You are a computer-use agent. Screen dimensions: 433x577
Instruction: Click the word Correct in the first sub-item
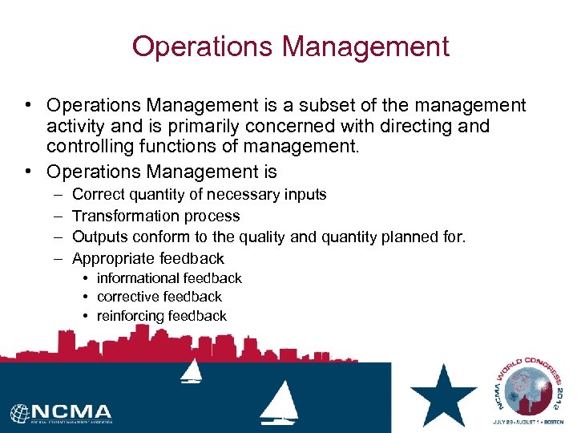click(x=99, y=195)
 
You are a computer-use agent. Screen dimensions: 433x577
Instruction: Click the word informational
click(x=137, y=278)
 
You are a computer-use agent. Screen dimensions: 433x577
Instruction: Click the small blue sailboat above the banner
click(x=192, y=370)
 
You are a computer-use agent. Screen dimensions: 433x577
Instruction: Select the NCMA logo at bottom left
click(x=62, y=413)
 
